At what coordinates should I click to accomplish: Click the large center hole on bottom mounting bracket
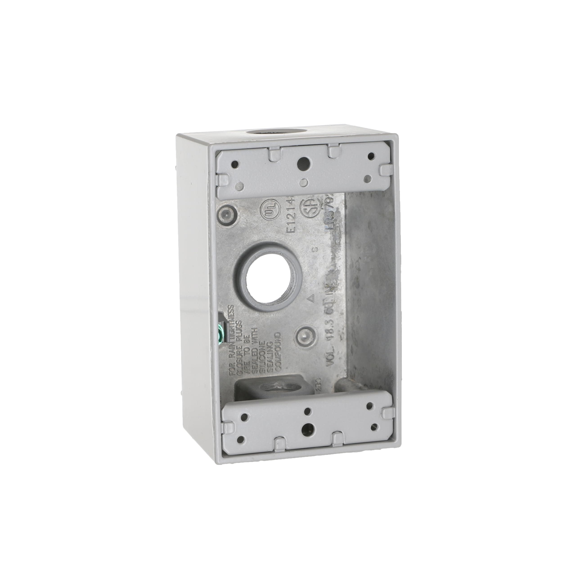coord(306,430)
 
